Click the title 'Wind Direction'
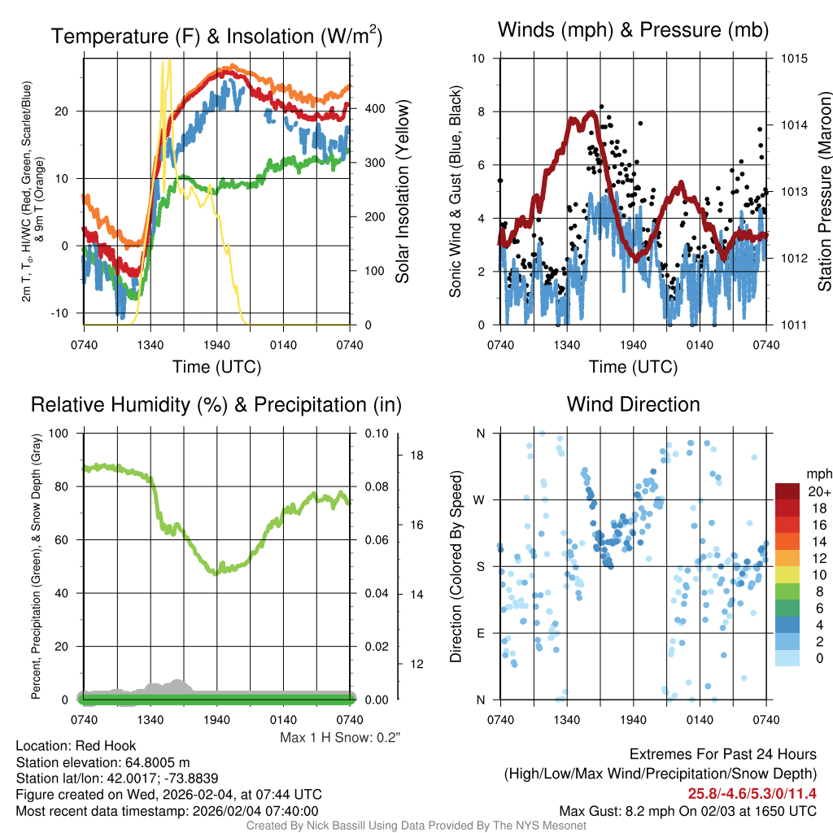click(x=633, y=404)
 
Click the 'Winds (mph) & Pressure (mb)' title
click(x=633, y=31)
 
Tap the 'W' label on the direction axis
click(x=480, y=499)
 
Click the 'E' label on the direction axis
click(x=481, y=633)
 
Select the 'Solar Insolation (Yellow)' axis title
click(x=402, y=192)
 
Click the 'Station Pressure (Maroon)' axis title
click(x=824, y=193)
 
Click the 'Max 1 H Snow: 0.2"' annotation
click(x=340, y=737)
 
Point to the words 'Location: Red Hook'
click(x=76, y=746)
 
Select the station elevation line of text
click(x=102, y=762)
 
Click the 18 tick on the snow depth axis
click(x=416, y=455)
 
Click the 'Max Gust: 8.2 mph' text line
click(x=687, y=811)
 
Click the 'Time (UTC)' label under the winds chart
click(x=633, y=367)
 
